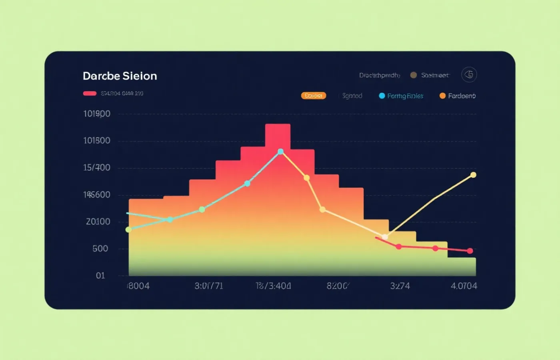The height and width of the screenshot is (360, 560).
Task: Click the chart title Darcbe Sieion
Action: coord(120,76)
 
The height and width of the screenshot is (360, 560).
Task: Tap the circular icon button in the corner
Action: coord(469,75)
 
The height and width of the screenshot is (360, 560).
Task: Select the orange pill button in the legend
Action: coord(314,96)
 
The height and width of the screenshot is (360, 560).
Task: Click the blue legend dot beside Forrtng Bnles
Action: coord(382,96)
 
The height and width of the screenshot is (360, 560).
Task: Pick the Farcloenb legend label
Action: coord(462,96)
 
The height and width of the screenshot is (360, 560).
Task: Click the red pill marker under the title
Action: coord(90,94)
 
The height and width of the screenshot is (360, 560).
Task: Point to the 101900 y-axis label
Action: coord(96,114)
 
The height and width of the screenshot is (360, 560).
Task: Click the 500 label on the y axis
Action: coord(100,249)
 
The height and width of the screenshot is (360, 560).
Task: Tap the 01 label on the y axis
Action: coord(100,276)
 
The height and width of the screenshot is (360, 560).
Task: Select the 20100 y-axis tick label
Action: coord(98,222)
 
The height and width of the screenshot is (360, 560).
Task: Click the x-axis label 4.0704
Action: coord(464,286)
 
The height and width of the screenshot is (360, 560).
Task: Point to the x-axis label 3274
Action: coord(400,286)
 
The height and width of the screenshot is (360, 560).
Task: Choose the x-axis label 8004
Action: coord(138,286)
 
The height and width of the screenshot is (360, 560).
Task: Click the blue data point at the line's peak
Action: coord(281,152)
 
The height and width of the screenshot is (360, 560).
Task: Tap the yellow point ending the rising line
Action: coord(473,175)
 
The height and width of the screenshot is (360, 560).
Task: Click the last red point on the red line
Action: coord(470,251)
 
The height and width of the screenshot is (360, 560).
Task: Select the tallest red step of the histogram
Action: coord(278,136)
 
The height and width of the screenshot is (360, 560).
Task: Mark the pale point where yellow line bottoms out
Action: coord(385,237)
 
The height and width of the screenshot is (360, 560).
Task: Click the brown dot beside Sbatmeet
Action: coord(414,75)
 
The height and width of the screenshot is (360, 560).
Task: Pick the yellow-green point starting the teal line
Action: coord(128,230)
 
